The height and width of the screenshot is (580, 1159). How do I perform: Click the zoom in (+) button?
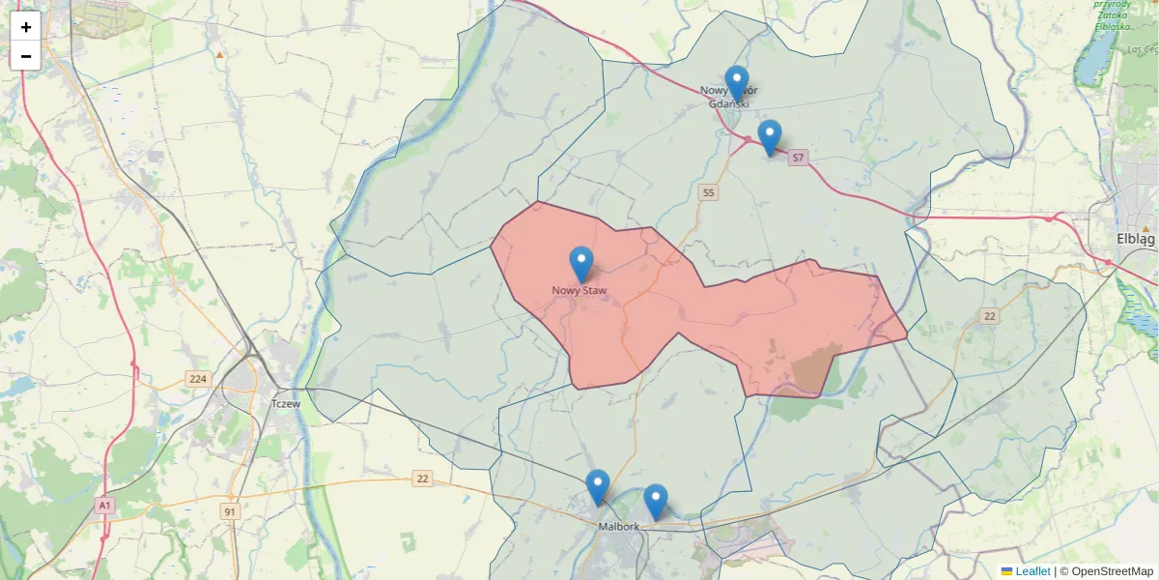pos(25,27)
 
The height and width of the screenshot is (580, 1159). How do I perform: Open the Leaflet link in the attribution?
pos(1032,571)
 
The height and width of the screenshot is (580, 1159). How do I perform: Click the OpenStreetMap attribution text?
pos(1106,571)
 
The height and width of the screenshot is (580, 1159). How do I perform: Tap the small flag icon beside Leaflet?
pos(1006,571)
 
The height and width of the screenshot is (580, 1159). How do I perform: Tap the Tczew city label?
pos(287,404)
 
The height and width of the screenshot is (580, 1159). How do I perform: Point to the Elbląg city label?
pos(1135,239)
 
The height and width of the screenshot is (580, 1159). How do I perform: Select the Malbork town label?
pos(618,527)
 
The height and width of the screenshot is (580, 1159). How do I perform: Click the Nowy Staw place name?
pos(579,290)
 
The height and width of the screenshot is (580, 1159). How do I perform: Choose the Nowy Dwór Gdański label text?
pos(729,97)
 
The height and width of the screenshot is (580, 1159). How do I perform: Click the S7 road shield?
pos(798,157)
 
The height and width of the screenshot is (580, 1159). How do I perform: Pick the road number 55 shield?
pos(710,193)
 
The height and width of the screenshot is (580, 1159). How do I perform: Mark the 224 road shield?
pos(199,380)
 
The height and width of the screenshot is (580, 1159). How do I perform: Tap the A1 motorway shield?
pos(105,505)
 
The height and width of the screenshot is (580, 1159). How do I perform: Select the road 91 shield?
pos(230,511)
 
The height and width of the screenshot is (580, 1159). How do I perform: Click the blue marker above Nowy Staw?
pos(581,263)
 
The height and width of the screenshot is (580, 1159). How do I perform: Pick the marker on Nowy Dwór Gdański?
pos(737,82)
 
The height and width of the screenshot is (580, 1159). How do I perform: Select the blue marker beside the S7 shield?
pos(770,136)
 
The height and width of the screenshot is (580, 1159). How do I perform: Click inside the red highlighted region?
pos(676,309)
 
